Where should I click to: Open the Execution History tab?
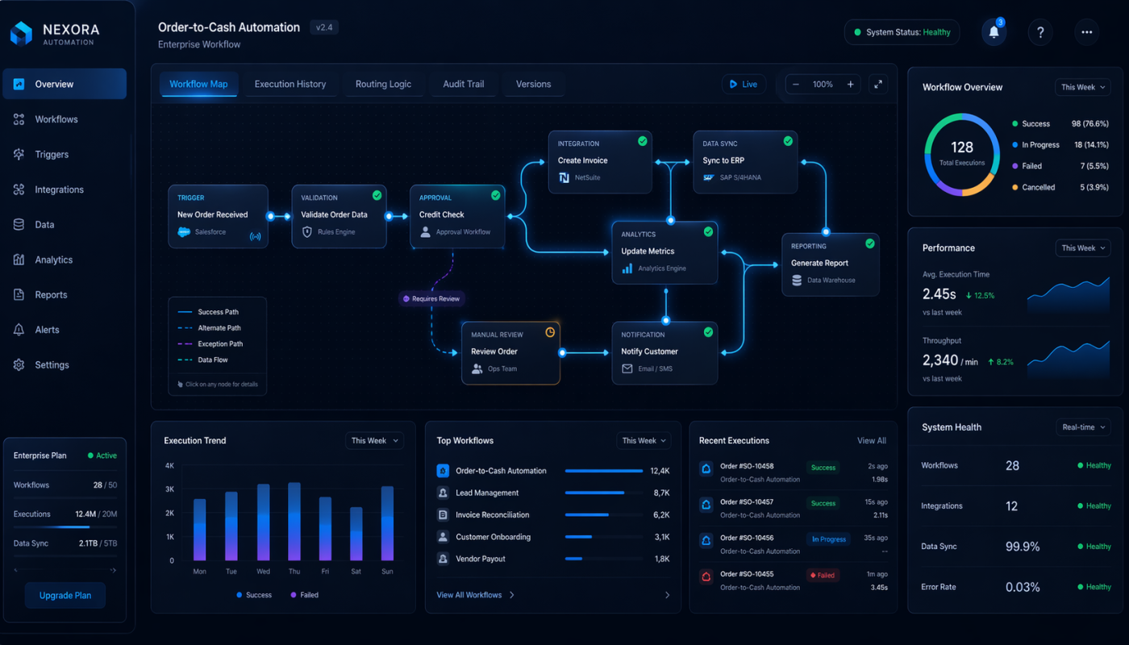tap(290, 84)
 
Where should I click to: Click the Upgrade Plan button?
tap(65, 596)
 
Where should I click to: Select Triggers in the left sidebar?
tap(52, 154)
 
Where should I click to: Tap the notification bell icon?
tap(994, 32)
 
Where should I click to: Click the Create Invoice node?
tap(600, 161)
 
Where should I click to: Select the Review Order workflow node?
tap(510, 353)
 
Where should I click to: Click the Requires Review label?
tap(433, 298)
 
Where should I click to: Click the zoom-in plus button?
tap(850, 84)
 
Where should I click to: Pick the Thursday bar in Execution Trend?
tap(294, 522)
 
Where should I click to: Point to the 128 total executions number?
tap(962, 148)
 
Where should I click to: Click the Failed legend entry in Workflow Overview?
tap(1031, 166)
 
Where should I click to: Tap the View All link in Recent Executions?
tap(871, 441)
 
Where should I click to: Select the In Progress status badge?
tap(828, 539)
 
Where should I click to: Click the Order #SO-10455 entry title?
tap(747, 574)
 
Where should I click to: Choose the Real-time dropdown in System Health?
tap(1083, 427)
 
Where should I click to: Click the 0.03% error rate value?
tap(1023, 587)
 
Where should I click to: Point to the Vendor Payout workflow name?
tap(481, 559)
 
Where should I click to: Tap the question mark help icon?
tap(1040, 32)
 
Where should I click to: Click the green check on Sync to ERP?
tap(788, 141)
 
